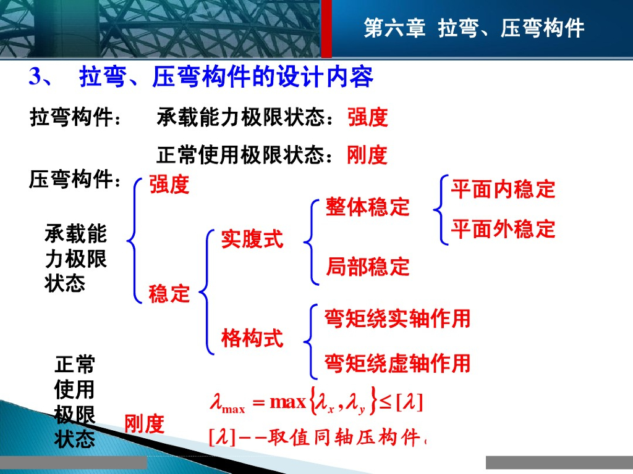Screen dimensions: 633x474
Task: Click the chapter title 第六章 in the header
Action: [394, 28]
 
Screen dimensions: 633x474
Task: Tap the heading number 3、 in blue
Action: [40, 77]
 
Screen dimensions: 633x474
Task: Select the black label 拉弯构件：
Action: [75, 118]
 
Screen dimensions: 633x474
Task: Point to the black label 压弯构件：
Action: [75, 179]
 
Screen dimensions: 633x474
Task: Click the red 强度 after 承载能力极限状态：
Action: [368, 118]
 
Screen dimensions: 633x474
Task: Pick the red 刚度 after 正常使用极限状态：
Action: [367, 155]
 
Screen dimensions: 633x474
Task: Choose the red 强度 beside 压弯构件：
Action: [169, 185]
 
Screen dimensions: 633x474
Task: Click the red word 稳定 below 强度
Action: [169, 293]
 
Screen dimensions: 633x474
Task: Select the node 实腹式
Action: [252, 239]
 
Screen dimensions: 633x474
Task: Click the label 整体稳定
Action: [368, 207]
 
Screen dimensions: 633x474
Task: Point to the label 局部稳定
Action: [368, 267]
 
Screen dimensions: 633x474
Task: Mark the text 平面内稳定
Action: [503, 189]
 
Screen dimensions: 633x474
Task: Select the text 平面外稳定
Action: [503, 229]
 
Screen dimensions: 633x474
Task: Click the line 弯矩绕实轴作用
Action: [397, 318]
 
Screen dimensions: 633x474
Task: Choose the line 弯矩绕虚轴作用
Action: [397, 363]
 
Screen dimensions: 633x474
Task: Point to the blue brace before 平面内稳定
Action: [441, 210]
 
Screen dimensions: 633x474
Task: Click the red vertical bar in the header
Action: [326, 28]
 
